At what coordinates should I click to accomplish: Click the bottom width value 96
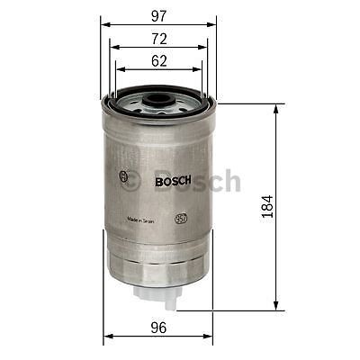pyautogui.click(x=158, y=328)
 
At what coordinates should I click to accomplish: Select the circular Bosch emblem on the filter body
pyautogui.click(x=124, y=177)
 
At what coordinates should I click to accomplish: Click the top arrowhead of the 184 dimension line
pyautogui.click(x=275, y=106)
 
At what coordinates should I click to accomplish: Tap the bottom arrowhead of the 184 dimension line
pyautogui.click(x=275, y=308)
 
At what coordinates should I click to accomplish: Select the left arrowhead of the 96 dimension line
pyautogui.click(x=107, y=338)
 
